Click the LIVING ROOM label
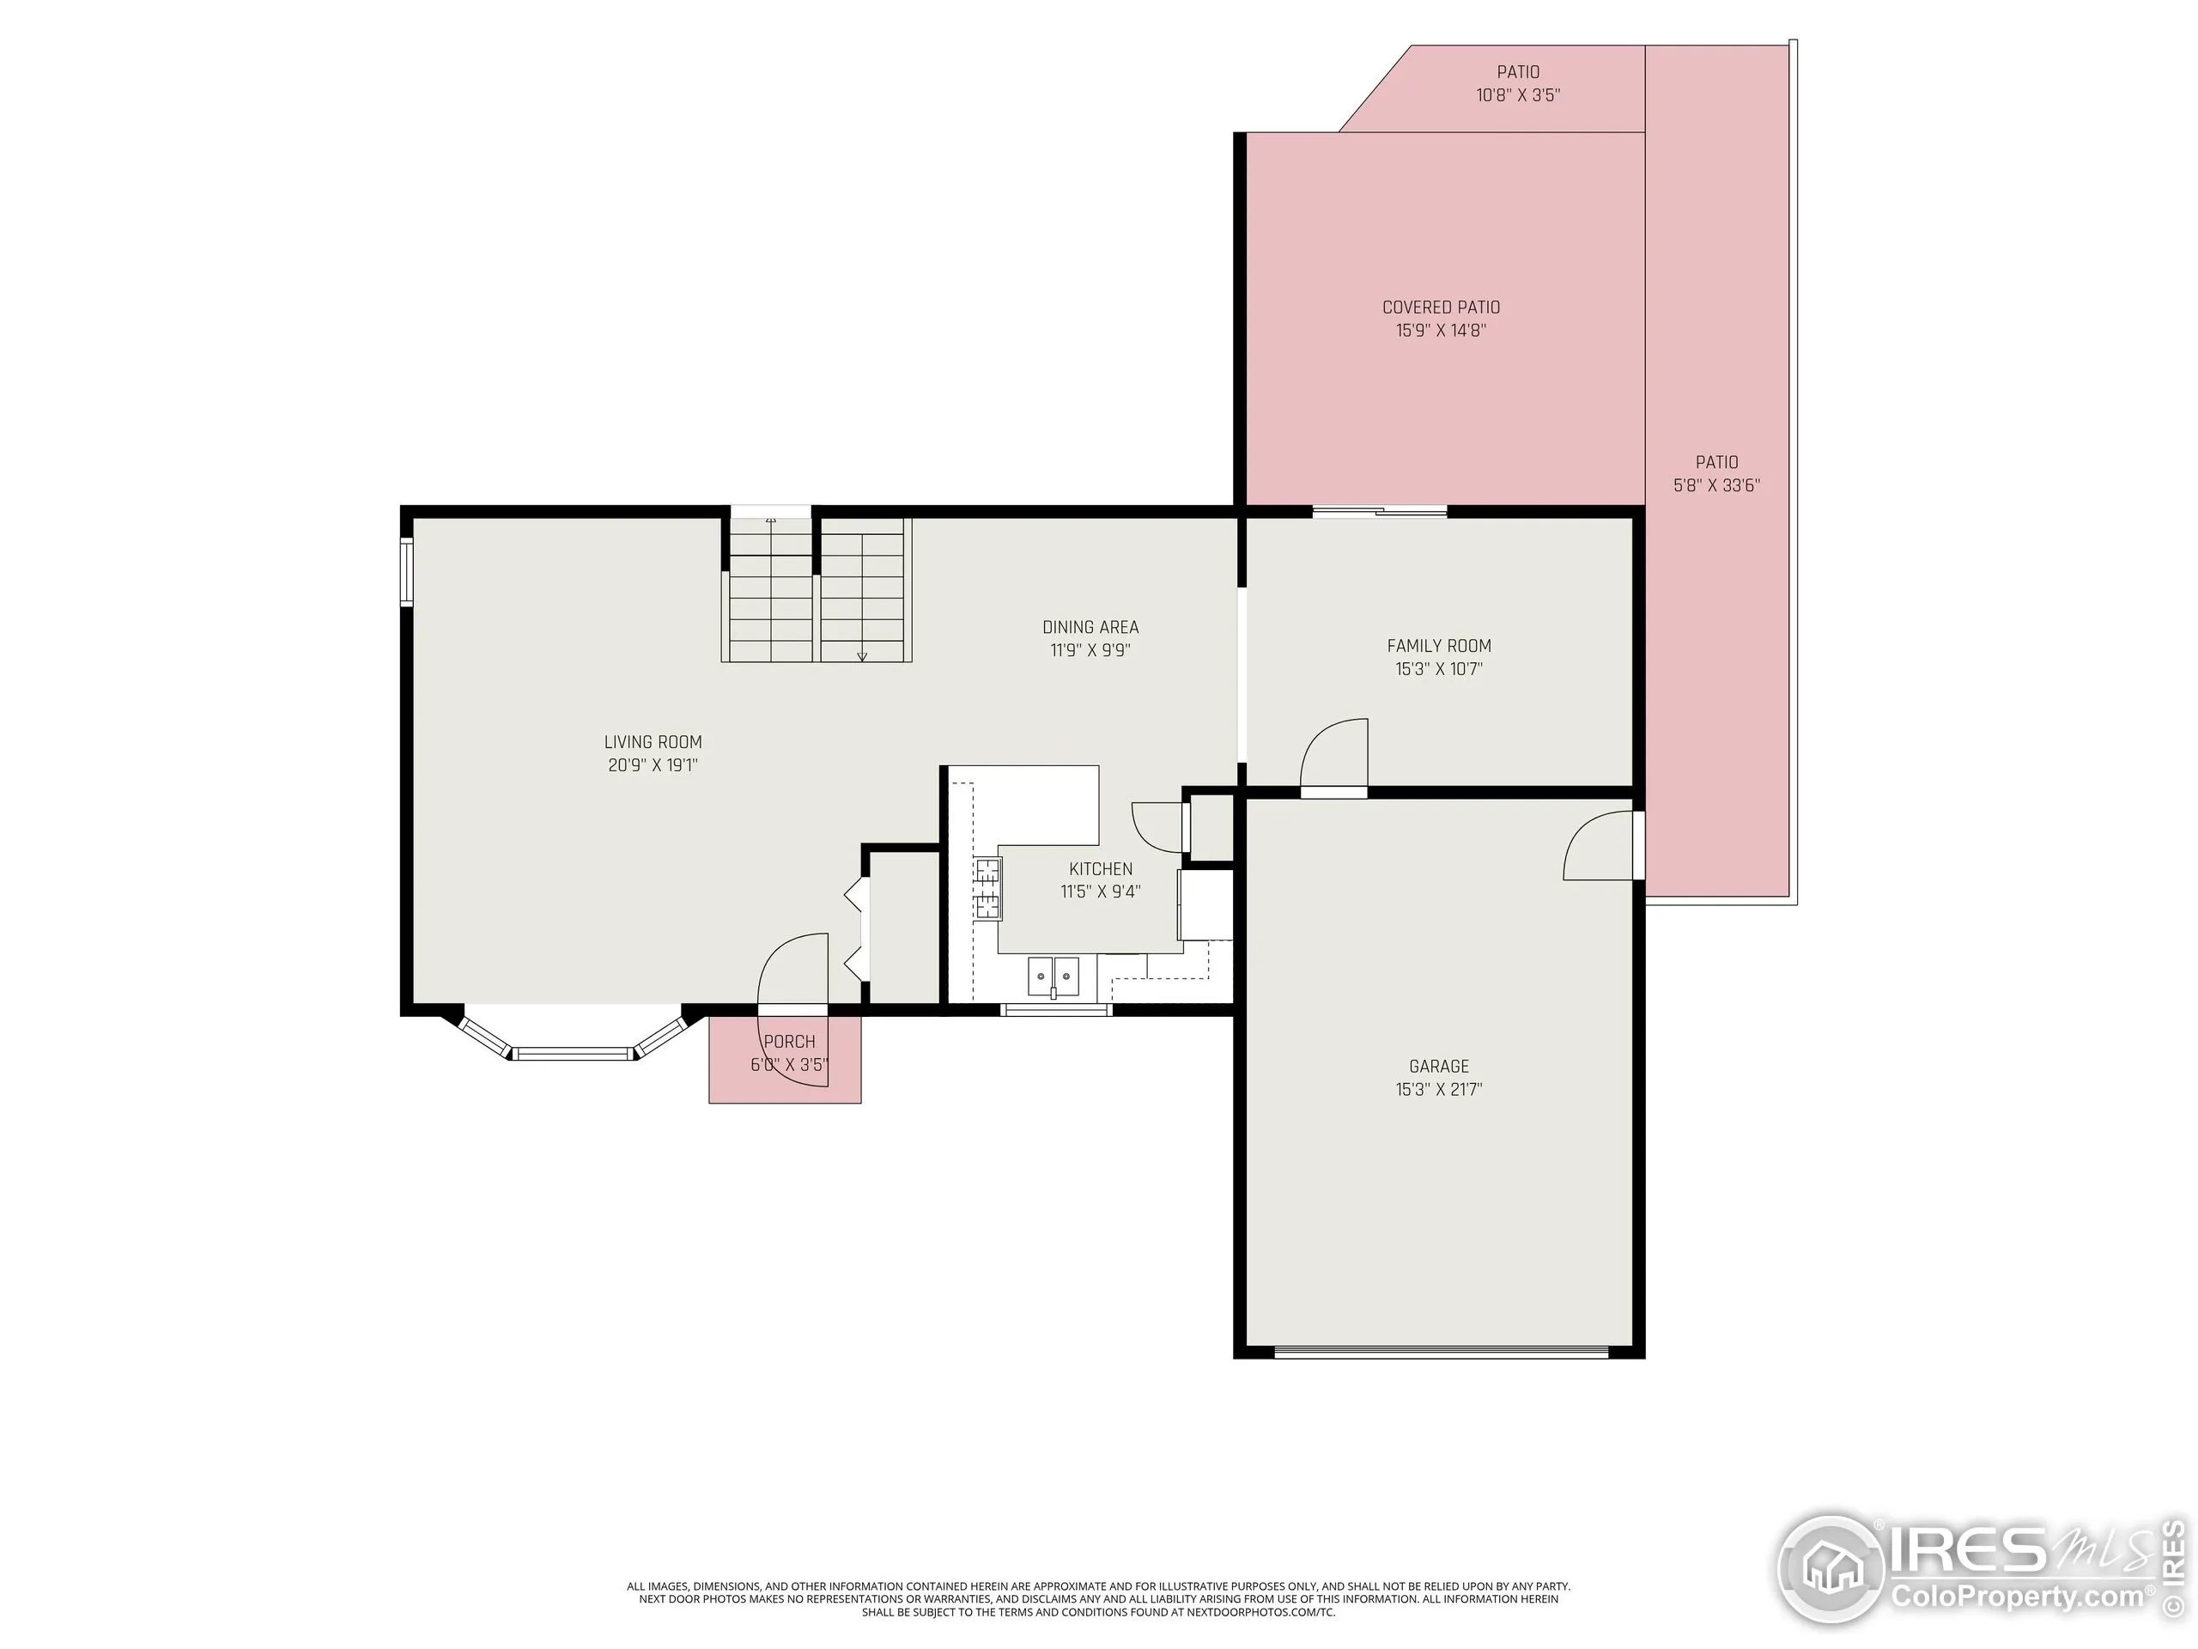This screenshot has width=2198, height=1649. tap(653, 741)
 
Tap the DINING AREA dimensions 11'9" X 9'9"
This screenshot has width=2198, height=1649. tap(1090, 650)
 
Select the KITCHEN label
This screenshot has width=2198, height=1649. tap(1100, 869)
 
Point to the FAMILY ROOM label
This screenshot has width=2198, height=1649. tap(1439, 646)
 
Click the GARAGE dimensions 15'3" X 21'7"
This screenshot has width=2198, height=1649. tap(1438, 1089)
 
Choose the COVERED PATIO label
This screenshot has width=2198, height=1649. tap(1441, 307)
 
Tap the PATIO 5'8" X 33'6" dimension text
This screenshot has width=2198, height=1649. tap(1716, 485)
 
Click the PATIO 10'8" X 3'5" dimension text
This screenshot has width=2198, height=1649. tap(1517, 95)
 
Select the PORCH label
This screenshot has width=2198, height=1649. tap(789, 1042)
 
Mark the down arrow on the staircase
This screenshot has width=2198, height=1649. tap(861, 655)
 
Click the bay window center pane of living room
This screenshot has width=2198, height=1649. tap(574, 1053)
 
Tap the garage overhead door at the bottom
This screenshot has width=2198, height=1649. tap(1441, 1351)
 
